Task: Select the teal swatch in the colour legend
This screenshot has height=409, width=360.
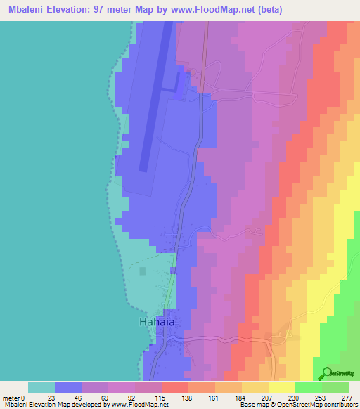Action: pos(41,387)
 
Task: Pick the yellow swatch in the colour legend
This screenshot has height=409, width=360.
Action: pos(281,387)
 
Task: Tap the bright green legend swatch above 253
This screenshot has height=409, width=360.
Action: pos(308,387)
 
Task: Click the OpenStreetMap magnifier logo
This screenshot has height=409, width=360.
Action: pos(326,374)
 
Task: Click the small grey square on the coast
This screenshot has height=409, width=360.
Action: pos(143,271)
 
